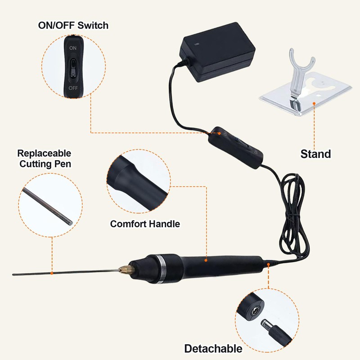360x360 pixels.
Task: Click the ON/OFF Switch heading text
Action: point(73,25)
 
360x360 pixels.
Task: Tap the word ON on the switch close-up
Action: point(72,47)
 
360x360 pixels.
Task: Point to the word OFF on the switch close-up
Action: point(72,88)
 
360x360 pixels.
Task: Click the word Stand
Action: point(315,154)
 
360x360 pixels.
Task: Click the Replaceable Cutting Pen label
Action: point(44,158)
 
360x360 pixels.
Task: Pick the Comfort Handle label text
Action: point(145,224)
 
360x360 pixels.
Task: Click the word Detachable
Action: point(213,348)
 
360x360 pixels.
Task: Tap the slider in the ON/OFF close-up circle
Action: point(72,67)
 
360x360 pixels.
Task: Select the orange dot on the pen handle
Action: point(207,260)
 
